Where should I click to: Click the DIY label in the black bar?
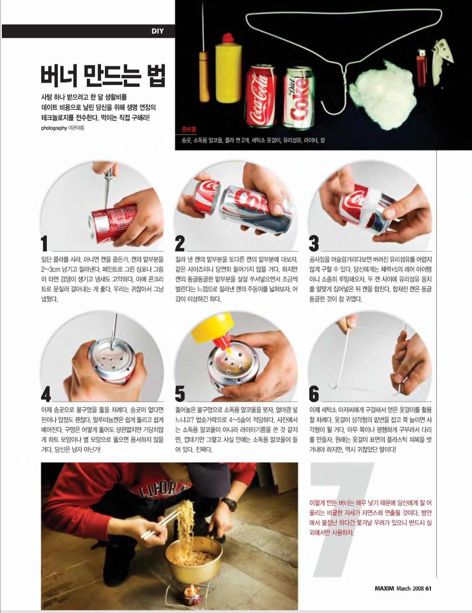click(x=157, y=31)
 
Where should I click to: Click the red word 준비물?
click(x=189, y=129)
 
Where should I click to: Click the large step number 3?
click(x=314, y=244)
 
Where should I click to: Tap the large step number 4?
click(x=46, y=394)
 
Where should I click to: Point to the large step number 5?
click(x=180, y=394)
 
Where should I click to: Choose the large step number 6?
click(x=314, y=394)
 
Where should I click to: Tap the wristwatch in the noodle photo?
click(x=229, y=504)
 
